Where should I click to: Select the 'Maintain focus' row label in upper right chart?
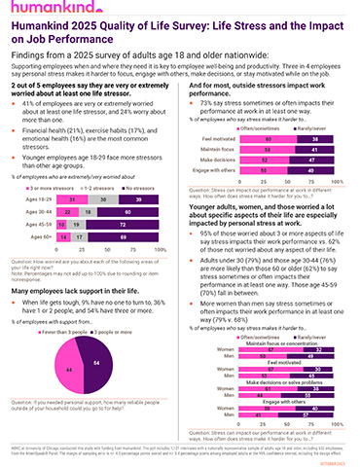[217, 123]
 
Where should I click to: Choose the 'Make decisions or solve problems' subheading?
[286, 376]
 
